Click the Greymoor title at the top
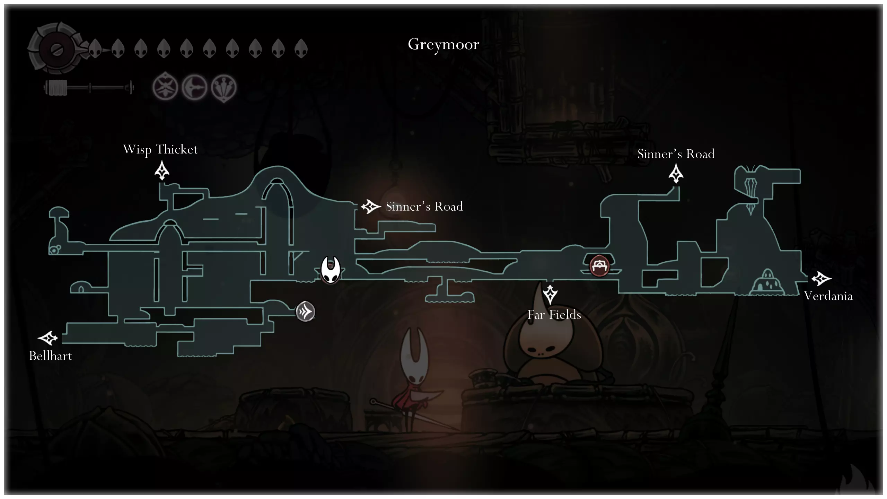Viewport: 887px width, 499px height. coord(443,44)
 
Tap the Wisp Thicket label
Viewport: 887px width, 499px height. coord(160,150)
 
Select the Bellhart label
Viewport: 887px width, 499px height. coord(51,356)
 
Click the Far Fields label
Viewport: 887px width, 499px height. coord(554,315)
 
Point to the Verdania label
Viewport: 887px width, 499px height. coord(828,296)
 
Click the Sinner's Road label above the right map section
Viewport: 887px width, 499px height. coord(676,154)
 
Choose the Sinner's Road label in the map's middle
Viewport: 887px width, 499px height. coord(424,207)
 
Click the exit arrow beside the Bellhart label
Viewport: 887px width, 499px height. coord(47,338)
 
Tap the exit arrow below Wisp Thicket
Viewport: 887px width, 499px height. coord(162,172)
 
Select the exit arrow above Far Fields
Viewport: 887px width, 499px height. coord(550,295)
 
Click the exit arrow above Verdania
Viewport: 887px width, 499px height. coord(821,279)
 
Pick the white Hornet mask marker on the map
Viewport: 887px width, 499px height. coord(330,270)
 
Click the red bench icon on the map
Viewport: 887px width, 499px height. coord(599,266)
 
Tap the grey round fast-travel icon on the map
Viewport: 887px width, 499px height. coord(305,312)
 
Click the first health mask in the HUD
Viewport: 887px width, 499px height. coord(95,48)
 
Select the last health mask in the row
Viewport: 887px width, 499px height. coord(301,48)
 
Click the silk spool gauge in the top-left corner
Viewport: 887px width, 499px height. coord(55,49)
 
